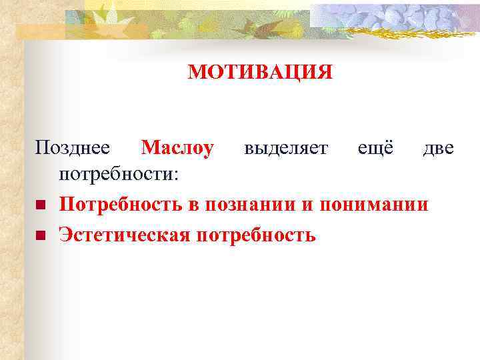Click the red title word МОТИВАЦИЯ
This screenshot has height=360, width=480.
(x=259, y=71)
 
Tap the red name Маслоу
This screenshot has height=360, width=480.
(x=178, y=147)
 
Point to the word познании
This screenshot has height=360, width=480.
(x=250, y=204)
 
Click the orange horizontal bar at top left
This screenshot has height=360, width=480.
(x=40, y=29)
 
